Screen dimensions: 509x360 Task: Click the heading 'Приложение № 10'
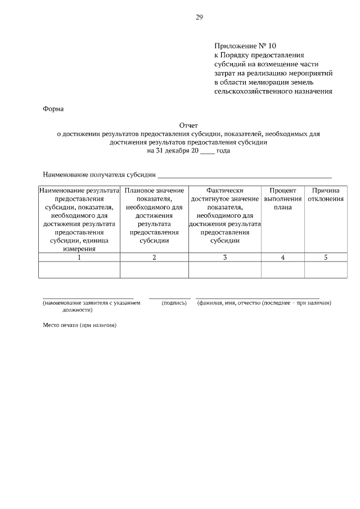[246, 46]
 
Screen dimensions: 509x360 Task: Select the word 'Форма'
[54, 109]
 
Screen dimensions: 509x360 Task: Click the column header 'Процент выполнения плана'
[282, 199]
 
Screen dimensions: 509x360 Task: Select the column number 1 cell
[79, 258]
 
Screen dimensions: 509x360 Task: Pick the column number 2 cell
[154, 258]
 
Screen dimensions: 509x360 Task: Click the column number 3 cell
[224, 258]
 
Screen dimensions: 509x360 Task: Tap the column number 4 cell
[282, 258]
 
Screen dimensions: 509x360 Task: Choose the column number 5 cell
[325, 258]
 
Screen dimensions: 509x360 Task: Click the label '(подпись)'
[174, 303]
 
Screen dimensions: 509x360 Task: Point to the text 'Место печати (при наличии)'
[79, 325]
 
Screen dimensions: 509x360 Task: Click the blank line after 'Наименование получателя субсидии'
[245, 176]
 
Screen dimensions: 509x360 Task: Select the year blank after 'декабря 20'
[207, 152]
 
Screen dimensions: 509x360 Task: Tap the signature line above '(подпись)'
[170, 298]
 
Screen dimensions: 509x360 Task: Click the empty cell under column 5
[325, 270]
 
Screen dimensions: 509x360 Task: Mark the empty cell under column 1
[79, 270]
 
